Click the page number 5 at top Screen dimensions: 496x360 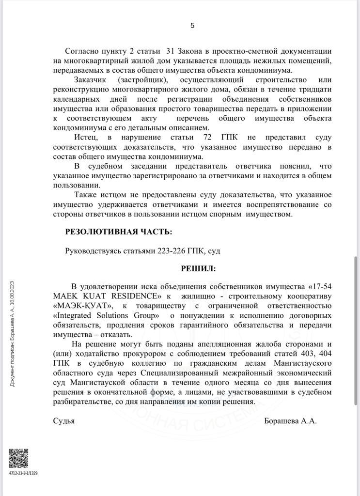(x=192, y=26)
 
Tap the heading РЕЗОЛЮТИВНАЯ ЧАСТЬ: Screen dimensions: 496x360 (x=118, y=232)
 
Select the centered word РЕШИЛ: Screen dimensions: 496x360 (x=199, y=268)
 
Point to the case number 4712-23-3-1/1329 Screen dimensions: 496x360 (x=23, y=473)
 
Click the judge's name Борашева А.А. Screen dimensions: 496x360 (x=290, y=421)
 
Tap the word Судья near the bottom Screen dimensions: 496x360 (x=64, y=421)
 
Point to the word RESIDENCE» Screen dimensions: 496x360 (x=138, y=295)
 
